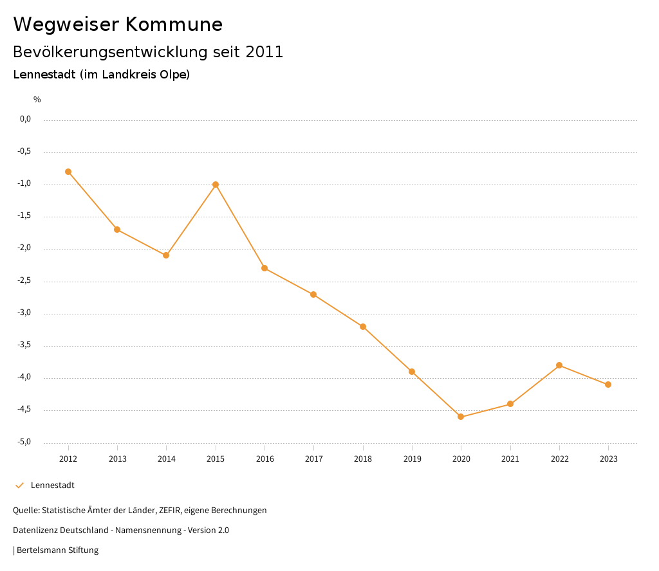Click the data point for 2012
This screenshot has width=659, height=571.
click(68, 172)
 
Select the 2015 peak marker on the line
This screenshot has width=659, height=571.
click(216, 185)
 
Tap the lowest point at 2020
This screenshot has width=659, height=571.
click(461, 417)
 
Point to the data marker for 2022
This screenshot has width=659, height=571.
click(559, 365)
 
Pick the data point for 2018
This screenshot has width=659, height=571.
click(363, 327)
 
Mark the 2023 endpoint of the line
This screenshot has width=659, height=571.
click(608, 385)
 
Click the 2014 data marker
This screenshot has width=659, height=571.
click(166, 255)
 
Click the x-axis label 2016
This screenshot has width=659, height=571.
click(265, 459)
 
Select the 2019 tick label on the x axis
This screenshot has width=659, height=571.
click(412, 459)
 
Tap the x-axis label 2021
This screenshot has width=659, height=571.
click(510, 459)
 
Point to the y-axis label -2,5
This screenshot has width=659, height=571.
click(25, 281)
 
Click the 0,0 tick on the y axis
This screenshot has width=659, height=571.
click(26, 119)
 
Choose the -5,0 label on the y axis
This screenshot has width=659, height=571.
click(25, 442)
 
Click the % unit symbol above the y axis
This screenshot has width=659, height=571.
click(37, 100)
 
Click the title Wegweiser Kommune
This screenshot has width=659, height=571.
click(118, 24)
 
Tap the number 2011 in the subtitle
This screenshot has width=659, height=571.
click(265, 52)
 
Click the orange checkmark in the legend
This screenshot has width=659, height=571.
click(19, 485)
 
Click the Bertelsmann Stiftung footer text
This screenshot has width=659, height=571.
click(57, 550)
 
